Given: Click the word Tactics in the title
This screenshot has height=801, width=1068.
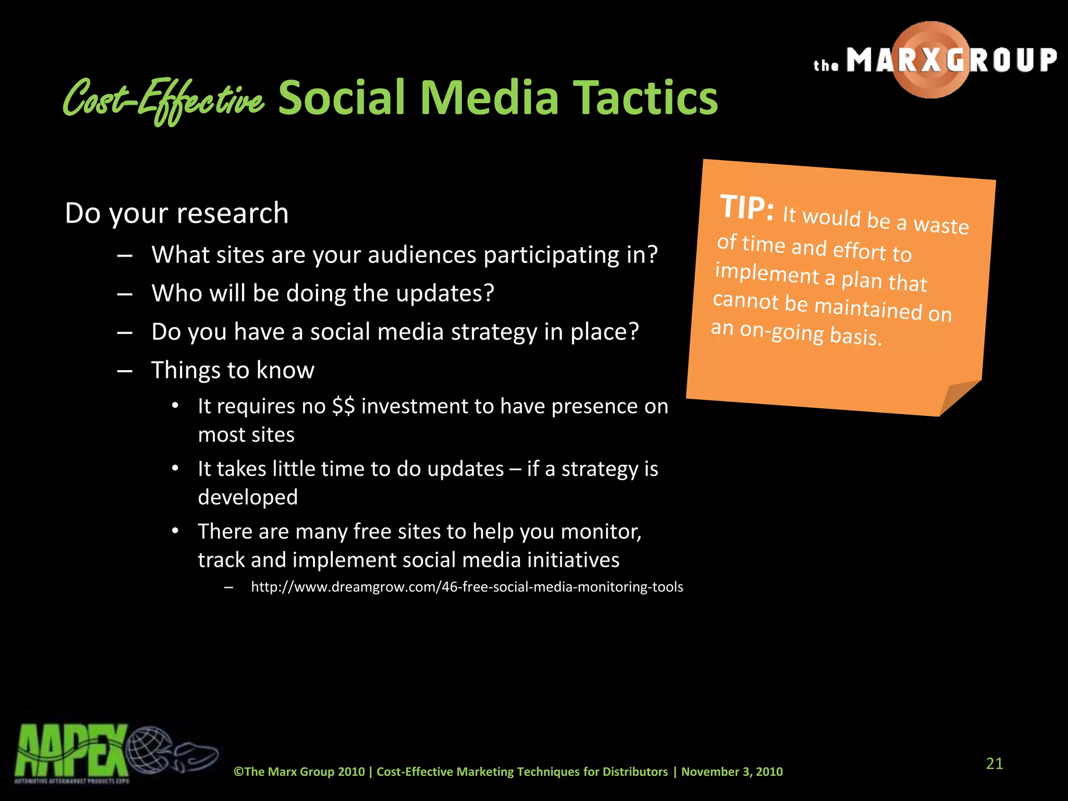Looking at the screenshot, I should (645, 98).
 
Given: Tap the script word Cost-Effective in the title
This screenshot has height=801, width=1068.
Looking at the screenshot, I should (163, 100).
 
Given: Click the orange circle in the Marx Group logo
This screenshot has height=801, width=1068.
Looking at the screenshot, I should (931, 59).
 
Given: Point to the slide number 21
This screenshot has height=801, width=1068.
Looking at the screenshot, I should (994, 764).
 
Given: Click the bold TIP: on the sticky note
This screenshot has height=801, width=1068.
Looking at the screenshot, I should (746, 208).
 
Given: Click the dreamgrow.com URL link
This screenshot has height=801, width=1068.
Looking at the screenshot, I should (467, 587).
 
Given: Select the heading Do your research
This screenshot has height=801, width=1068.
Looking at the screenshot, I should (177, 213).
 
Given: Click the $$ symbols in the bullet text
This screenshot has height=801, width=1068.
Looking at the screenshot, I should (344, 406).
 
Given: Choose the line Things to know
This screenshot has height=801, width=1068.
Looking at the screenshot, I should (233, 370).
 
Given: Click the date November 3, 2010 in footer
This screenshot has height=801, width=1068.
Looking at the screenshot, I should (732, 772).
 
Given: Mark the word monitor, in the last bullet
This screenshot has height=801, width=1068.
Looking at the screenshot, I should (601, 531).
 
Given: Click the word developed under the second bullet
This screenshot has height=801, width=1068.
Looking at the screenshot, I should (248, 497).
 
